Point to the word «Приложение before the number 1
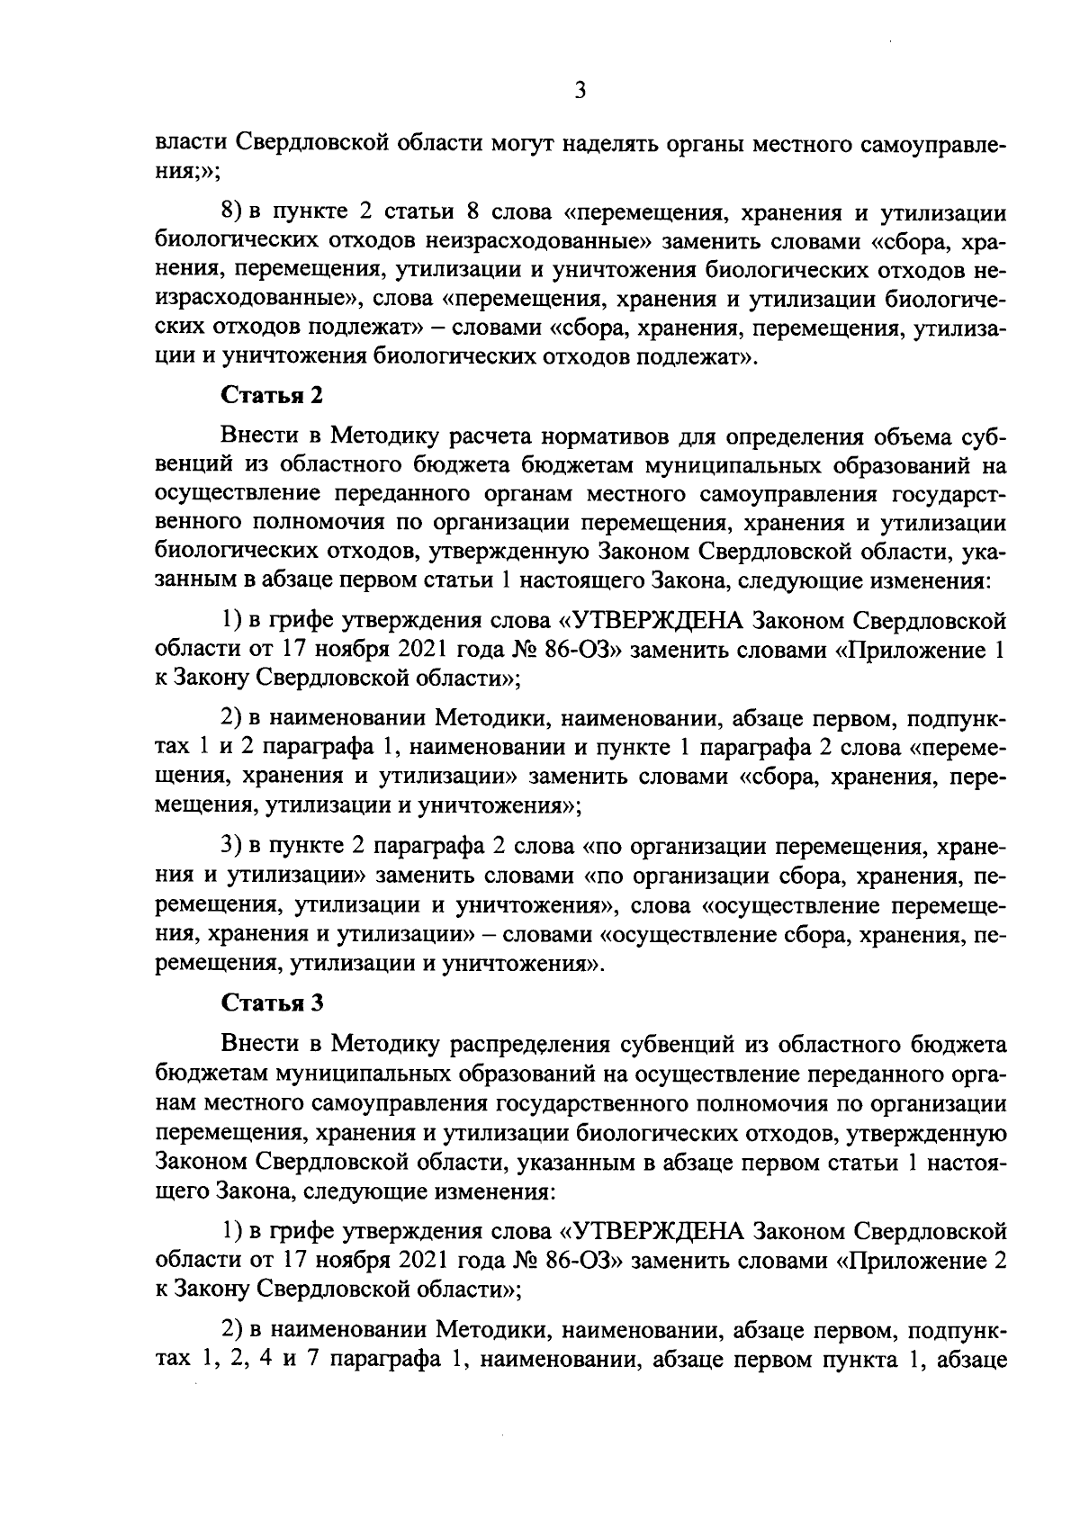[911, 648]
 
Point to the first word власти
[192, 143]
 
